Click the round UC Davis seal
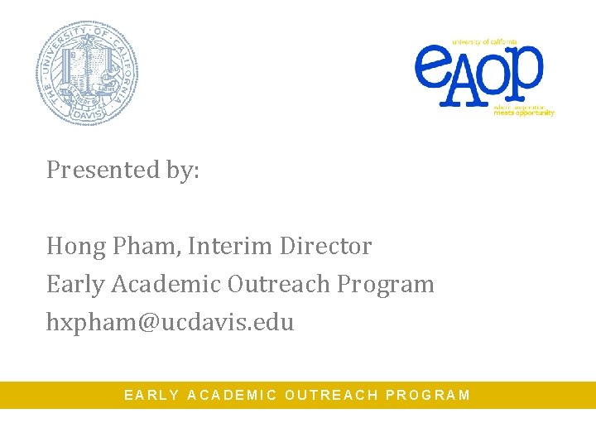(86, 72)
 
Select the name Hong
(72, 247)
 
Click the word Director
(325, 247)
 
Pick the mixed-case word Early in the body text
(75, 285)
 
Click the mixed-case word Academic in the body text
(166, 285)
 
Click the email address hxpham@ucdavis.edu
(170, 322)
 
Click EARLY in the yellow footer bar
(151, 396)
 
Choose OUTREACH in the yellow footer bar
(331, 396)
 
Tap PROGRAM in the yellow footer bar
(428, 396)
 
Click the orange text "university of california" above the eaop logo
(484, 41)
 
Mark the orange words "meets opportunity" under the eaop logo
(524, 113)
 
